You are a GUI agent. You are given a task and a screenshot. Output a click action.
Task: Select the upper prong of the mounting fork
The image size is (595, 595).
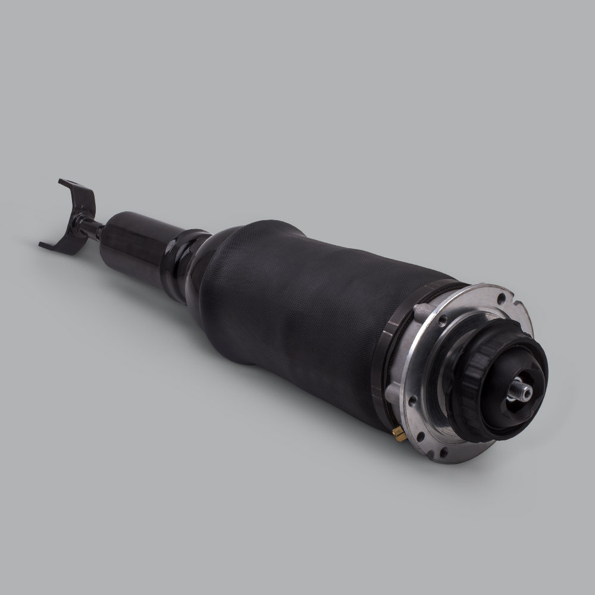[77, 190]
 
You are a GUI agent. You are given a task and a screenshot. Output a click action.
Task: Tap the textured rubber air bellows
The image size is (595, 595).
[297, 297]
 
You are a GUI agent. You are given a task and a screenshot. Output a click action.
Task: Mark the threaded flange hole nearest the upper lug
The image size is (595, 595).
[442, 321]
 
